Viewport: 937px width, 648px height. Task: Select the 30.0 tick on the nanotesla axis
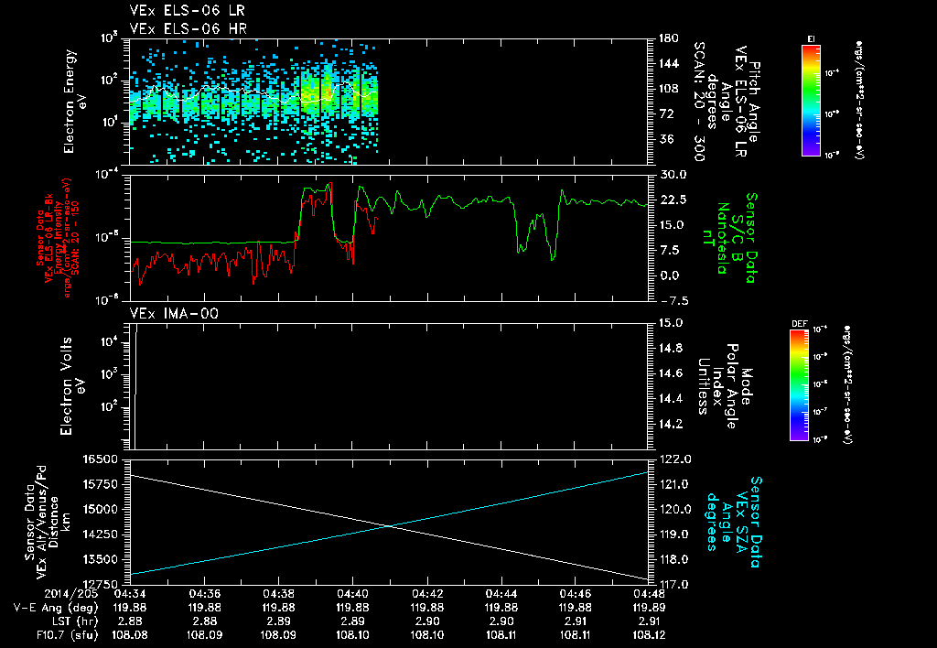point(668,174)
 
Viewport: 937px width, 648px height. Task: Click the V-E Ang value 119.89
point(648,607)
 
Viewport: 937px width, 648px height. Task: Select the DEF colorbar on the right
point(798,384)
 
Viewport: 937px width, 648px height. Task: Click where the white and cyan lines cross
point(391,525)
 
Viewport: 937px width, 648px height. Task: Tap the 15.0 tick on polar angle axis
point(670,322)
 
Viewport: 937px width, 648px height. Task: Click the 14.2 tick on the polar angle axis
point(670,424)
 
